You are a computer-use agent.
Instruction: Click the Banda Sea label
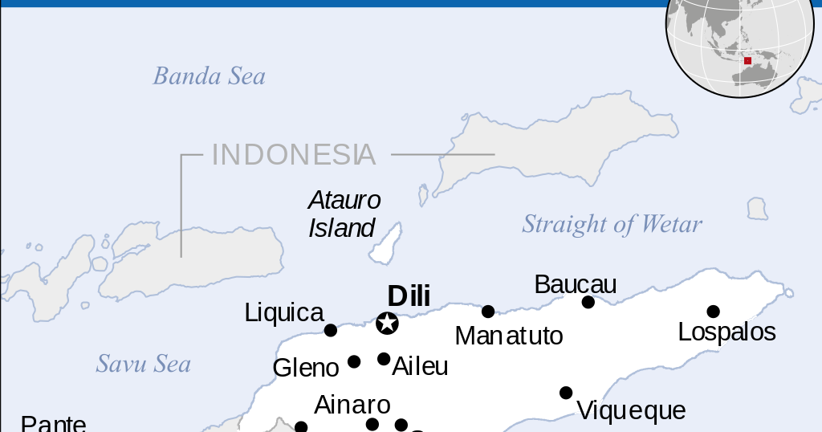point(209,76)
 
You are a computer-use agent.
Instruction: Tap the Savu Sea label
point(144,364)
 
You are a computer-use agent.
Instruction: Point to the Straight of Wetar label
point(612,224)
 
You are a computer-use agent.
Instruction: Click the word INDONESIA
point(293,154)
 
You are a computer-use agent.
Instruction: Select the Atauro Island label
point(344,214)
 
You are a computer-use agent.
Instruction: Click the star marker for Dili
point(388,324)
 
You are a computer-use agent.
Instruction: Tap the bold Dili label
point(409,295)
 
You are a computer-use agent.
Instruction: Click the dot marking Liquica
point(331,330)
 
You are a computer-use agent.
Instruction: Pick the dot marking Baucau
point(588,302)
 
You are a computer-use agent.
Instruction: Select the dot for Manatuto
point(488,312)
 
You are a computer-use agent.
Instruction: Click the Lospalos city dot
point(713,312)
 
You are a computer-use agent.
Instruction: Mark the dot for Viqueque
point(566,393)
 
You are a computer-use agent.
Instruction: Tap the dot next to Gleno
point(354,362)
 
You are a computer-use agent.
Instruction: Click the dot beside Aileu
point(384,359)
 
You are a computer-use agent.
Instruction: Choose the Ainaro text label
point(352,404)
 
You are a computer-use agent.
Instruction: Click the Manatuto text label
point(509,336)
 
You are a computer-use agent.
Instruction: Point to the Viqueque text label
point(631,411)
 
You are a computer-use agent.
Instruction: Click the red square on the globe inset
point(747,60)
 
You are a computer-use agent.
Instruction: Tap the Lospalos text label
point(726,332)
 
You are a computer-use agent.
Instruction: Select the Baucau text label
point(575,284)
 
